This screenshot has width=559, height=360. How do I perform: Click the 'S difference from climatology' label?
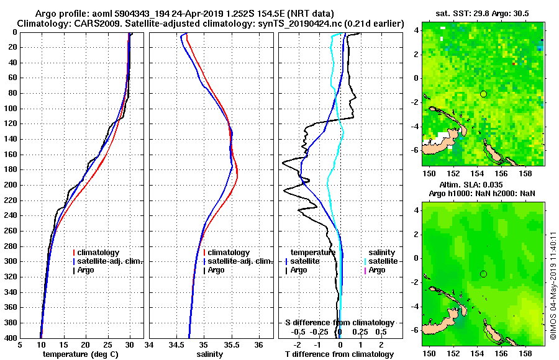point(339,323)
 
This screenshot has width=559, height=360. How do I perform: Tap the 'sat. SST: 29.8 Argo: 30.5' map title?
point(482,14)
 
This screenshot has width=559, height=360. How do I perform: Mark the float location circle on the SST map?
point(483,94)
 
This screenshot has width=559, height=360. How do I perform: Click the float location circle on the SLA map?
point(483,274)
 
